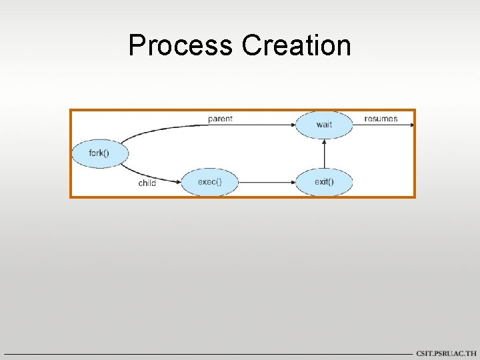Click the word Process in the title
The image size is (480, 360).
pos(180,45)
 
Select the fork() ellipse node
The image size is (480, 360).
pos(99,153)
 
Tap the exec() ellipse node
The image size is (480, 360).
pos(210,181)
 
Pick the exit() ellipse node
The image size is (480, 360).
pos(324,181)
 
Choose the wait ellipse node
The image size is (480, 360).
pos(324,125)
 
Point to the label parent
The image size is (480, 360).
pos(220,119)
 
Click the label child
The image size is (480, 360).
pos(147,183)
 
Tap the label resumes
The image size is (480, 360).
pos(381,119)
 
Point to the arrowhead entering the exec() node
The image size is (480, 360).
pos(179,181)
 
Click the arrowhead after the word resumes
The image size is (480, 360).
pos(411,125)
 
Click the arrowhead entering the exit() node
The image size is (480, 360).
pos(293,181)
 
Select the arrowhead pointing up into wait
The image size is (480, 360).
pos(324,142)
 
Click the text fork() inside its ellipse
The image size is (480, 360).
pos(99,153)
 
